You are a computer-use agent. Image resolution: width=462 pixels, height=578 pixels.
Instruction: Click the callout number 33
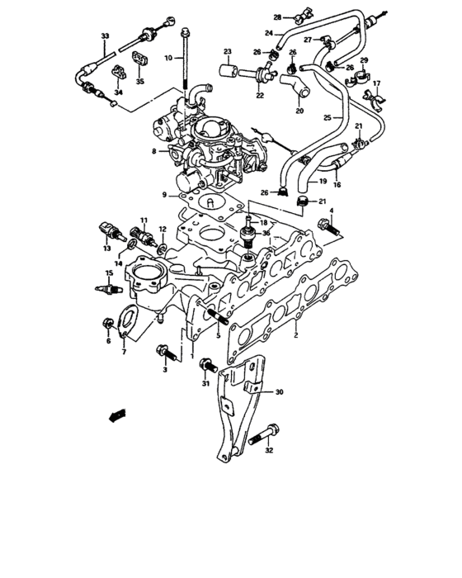[104, 37]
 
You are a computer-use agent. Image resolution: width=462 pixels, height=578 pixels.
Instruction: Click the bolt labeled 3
[165, 353]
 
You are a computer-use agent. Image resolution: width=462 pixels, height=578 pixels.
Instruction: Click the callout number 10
[167, 59]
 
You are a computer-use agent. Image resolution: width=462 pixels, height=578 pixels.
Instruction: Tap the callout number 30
[278, 391]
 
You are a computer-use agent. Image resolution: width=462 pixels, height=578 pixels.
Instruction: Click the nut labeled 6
[107, 323]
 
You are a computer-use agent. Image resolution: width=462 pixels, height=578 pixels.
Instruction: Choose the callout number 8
[153, 151]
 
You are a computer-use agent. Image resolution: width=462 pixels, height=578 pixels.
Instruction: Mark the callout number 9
[165, 196]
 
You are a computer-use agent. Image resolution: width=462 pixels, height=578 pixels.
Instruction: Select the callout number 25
[328, 119]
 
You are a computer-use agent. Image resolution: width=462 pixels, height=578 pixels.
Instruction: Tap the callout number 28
[277, 16]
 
